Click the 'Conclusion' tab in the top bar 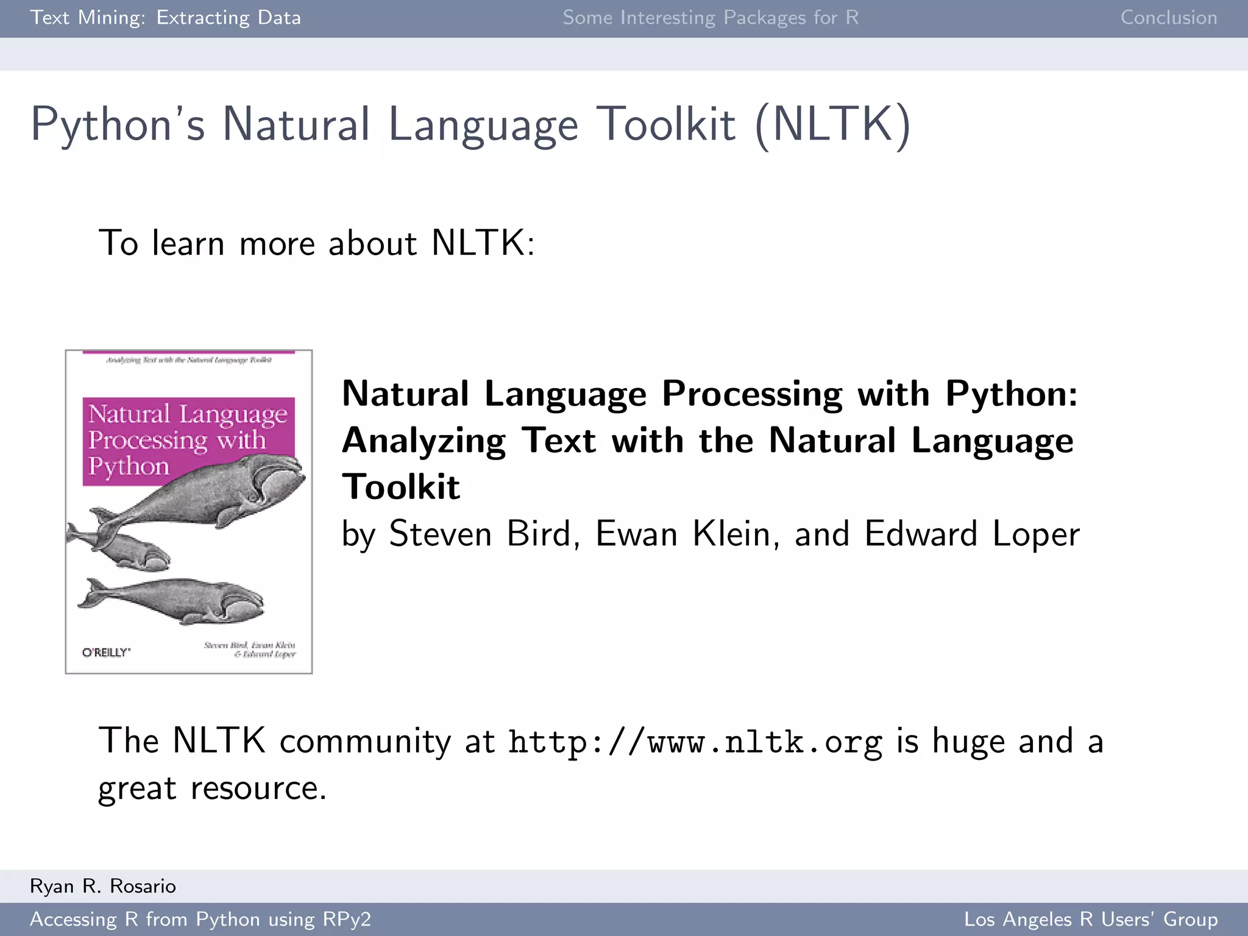pos(1168,18)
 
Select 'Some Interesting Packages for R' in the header pos(711,18)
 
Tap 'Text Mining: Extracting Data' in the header pos(165,18)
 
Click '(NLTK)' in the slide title pos(833,125)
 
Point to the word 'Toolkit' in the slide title pos(665,125)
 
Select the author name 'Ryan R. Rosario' pos(103,886)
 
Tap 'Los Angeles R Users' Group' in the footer pos(1091,919)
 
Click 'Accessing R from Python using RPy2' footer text pos(200,919)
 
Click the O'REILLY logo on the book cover pos(106,653)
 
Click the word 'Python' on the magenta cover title pos(129,467)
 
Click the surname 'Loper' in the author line pos(1036,534)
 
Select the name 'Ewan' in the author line pos(636,534)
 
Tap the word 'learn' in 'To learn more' pos(188,243)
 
